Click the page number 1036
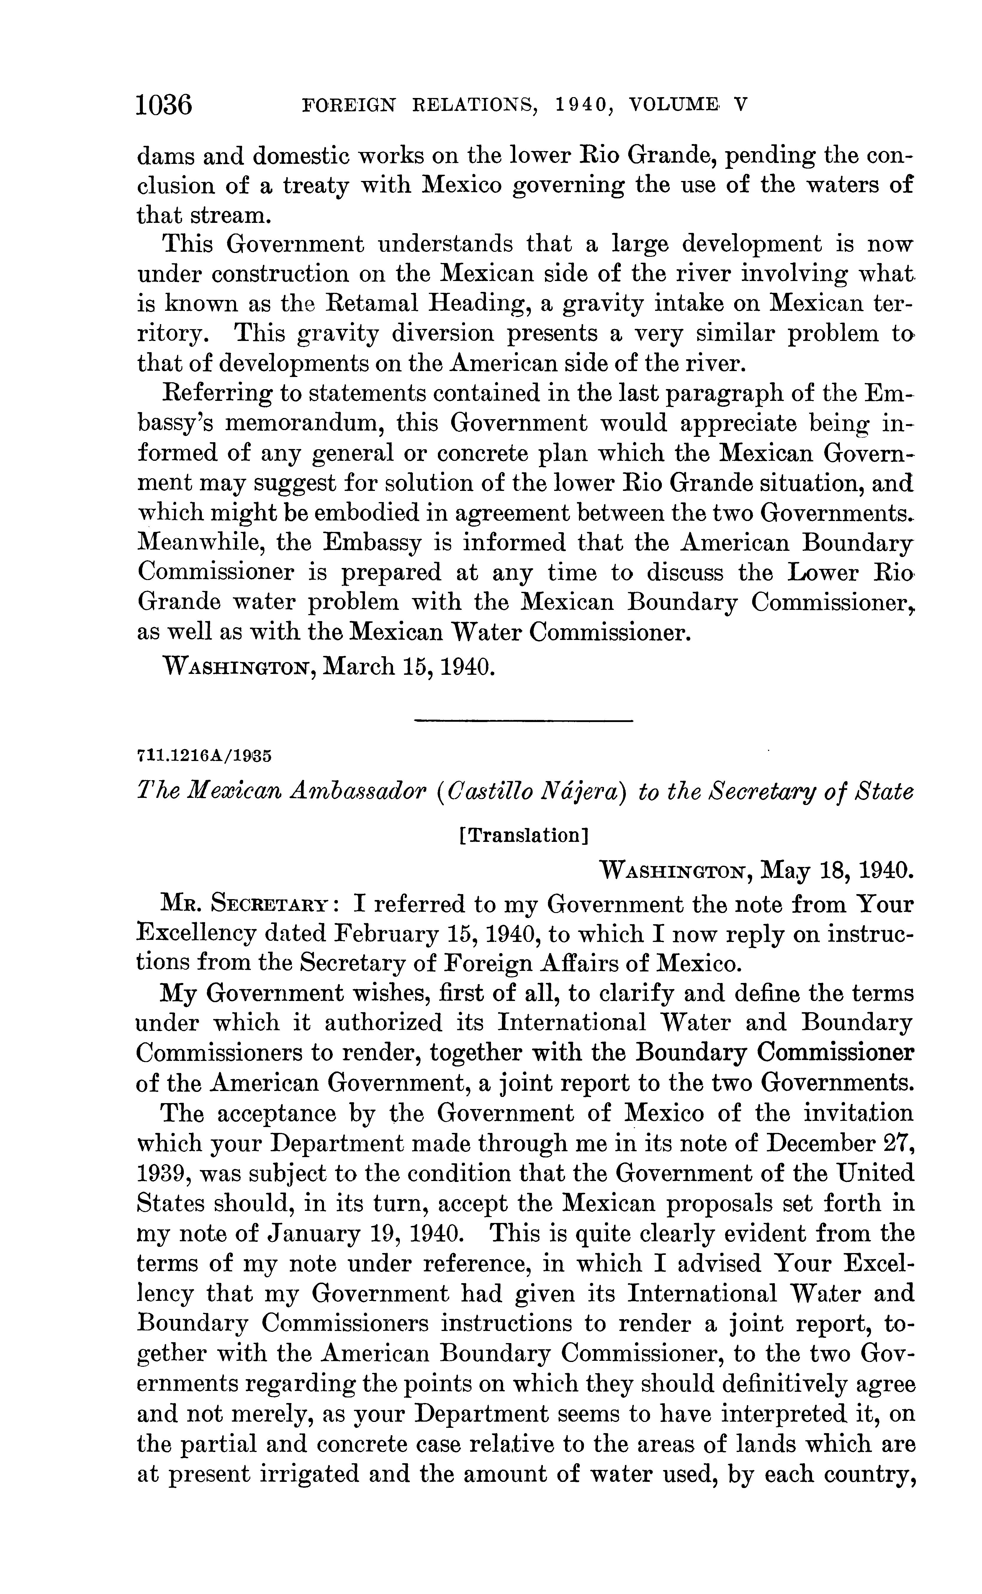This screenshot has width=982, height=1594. point(164,104)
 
